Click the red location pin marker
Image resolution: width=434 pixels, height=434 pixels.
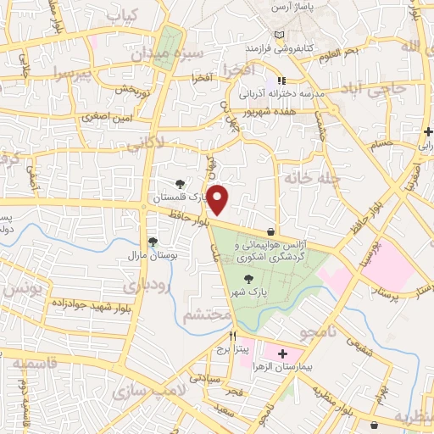click(219, 199)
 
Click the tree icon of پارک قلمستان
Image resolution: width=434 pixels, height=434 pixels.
click(179, 183)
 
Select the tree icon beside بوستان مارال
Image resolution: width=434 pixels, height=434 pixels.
click(153, 242)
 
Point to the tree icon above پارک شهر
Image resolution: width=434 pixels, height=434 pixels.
click(248, 279)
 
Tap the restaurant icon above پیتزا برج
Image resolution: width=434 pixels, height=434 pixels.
click(220, 336)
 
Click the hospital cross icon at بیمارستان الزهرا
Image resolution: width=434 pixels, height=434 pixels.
click(283, 353)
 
